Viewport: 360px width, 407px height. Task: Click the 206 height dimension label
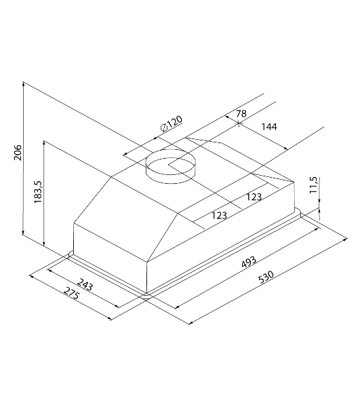(18, 153)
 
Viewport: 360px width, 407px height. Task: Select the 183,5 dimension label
(38, 191)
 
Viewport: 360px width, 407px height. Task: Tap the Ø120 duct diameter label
(172, 124)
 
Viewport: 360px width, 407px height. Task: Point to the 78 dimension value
(241, 113)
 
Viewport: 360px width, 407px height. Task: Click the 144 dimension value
(269, 127)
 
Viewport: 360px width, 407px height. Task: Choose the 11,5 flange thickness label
(313, 185)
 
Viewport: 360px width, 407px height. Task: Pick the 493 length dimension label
(249, 262)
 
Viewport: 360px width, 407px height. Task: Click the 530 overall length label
(266, 277)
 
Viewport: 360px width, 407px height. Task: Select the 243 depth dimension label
(85, 284)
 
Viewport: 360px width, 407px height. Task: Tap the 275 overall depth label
(71, 293)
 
